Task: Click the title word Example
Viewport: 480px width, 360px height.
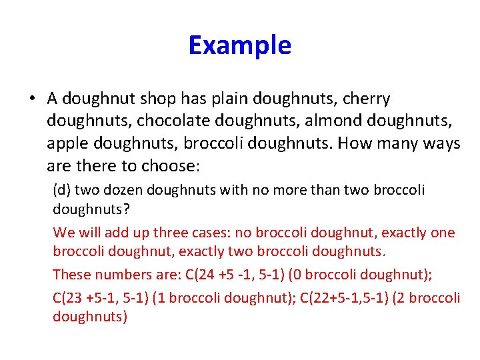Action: tap(239, 45)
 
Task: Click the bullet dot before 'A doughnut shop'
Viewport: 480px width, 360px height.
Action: tap(32, 99)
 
